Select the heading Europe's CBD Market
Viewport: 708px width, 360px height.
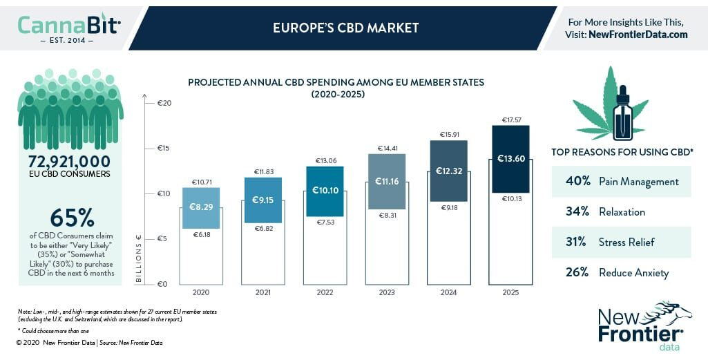pyautogui.click(x=345, y=28)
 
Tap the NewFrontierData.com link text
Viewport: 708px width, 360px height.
pyautogui.click(x=638, y=35)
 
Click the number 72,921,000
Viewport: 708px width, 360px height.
pyautogui.click(x=69, y=161)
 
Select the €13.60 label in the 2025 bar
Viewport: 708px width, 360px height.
pyautogui.click(x=510, y=158)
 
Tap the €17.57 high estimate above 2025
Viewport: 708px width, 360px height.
pyautogui.click(x=510, y=120)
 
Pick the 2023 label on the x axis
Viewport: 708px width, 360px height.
pyautogui.click(x=387, y=293)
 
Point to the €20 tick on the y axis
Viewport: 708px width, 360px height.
pyautogui.click(x=163, y=103)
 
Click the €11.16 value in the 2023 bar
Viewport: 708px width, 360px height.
pyautogui.click(x=387, y=180)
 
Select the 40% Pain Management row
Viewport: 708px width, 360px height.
pyautogui.click(x=622, y=182)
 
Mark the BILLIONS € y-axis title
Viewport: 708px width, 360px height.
pyautogui.click(x=138, y=260)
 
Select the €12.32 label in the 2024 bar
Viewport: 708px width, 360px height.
pyautogui.click(x=448, y=171)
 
